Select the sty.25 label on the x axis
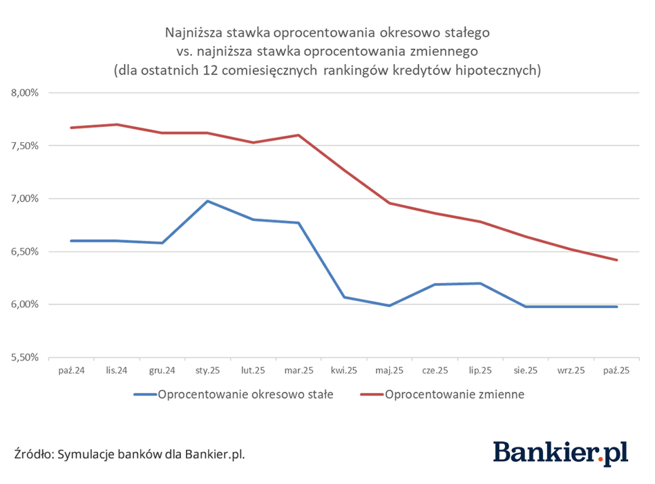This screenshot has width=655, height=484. (207, 371)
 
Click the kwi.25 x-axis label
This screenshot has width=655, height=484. (344, 371)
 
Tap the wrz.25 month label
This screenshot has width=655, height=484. (571, 371)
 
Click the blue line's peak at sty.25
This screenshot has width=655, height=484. (207, 201)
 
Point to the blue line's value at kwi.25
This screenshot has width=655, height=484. (344, 297)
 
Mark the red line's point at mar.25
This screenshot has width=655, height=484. (298, 135)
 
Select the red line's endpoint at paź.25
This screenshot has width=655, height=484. (616, 260)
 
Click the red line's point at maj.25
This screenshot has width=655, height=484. (390, 203)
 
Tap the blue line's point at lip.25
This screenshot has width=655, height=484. (480, 283)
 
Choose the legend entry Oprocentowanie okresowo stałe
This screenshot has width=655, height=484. (245, 395)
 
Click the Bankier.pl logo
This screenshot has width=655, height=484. (560, 452)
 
